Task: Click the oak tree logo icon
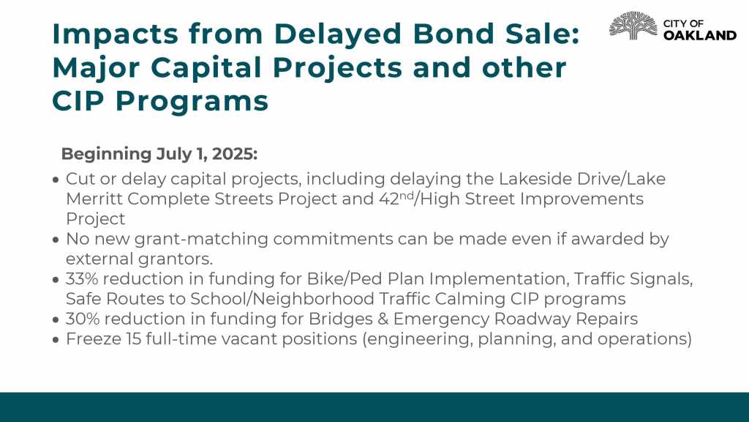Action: point(633,26)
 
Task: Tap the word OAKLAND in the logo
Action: point(700,35)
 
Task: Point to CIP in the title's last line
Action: point(78,101)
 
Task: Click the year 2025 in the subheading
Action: point(234,154)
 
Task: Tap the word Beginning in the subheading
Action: point(106,155)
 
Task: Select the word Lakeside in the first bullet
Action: point(535,179)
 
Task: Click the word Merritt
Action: point(94,199)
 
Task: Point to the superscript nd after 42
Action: point(407,195)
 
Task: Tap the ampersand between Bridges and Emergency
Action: point(383,319)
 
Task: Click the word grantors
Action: point(176,259)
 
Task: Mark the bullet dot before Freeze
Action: point(56,340)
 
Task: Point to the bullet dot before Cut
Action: point(56,179)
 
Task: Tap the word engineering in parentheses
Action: point(418,339)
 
